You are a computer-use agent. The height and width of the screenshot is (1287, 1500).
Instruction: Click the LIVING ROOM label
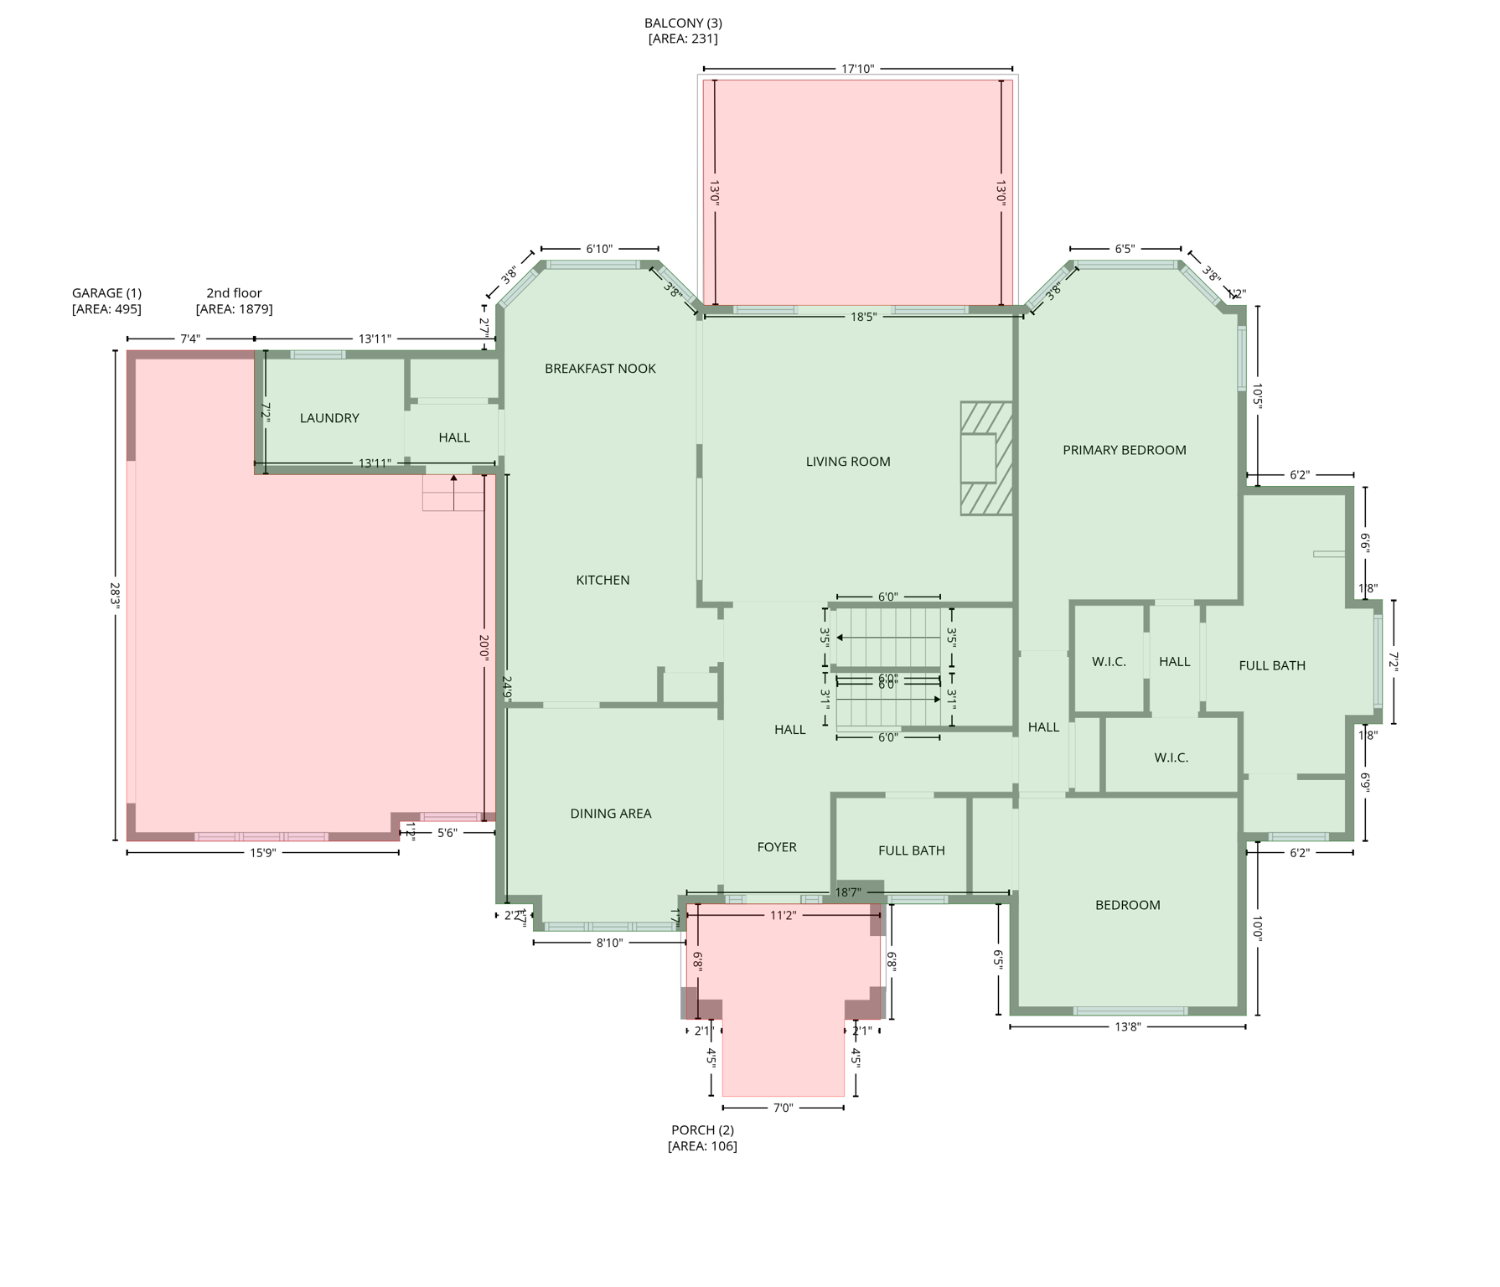pos(847,462)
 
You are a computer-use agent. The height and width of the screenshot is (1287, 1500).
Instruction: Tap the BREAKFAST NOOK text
pos(600,369)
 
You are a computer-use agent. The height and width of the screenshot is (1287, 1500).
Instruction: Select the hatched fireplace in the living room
pos(985,458)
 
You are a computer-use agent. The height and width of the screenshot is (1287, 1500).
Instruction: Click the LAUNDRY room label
pos(329,418)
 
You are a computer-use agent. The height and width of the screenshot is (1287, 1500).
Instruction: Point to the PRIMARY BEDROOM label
pos(1124,450)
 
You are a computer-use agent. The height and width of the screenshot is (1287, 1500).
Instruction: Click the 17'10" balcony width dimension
pos(857,69)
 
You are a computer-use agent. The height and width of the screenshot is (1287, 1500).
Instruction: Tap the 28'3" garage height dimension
pos(115,595)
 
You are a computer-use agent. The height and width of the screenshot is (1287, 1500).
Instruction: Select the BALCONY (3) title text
pos(683,23)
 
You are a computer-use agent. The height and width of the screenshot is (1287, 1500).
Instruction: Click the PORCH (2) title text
pos(702,1129)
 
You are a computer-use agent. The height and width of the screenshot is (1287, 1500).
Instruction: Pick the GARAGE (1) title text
pos(106,293)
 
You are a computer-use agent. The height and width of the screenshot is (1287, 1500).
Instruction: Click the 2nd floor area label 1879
pos(234,309)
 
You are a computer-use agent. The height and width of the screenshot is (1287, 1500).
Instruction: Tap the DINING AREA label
pos(610,814)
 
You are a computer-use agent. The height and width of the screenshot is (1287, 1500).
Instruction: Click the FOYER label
pos(776,847)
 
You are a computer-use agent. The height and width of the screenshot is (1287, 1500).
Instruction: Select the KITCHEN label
pos(603,580)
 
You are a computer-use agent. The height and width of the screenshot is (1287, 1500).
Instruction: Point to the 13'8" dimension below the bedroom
pos(1127,1026)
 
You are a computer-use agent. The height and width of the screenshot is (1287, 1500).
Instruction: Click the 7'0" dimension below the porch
pos(782,1108)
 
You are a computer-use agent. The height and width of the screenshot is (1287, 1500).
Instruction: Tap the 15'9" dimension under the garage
pos(262,853)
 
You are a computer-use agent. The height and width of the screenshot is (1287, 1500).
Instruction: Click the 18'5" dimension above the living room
pos(863,317)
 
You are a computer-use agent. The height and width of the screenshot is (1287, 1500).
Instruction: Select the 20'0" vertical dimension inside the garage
pos(484,648)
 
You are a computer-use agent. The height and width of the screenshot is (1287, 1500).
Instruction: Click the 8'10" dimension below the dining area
pos(608,943)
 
